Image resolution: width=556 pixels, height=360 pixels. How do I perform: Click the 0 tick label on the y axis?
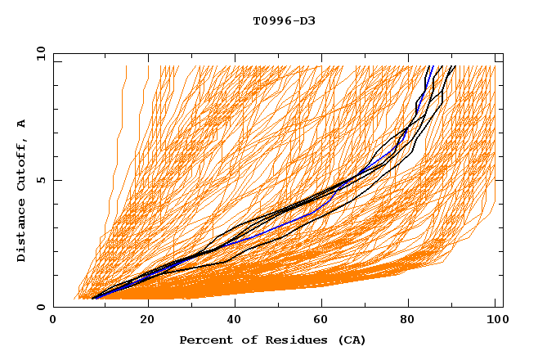coord(41,308)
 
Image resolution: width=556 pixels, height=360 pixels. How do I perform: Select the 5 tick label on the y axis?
coord(41,180)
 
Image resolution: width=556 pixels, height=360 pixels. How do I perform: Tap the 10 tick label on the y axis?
coord(38,53)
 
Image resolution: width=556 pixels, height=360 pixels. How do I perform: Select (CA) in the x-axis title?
coord(350,340)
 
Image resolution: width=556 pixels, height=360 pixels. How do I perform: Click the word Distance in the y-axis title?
coord(21,233)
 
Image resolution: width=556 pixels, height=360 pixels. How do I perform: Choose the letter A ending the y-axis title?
coord(21,124)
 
